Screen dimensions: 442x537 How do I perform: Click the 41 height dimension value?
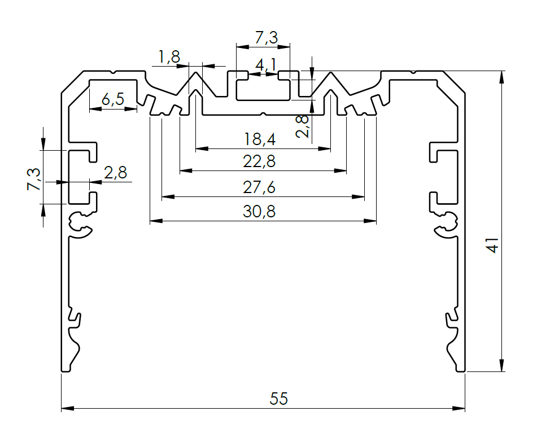click(492, 246)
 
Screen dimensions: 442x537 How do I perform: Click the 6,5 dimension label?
click(112, 100)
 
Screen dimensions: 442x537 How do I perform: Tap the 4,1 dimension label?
click(265, 65)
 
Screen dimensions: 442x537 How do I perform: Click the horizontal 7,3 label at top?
click(266, 38)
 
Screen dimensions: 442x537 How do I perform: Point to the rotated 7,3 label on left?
click(33, 179)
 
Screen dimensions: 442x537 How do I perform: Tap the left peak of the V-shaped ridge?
click(196, 72)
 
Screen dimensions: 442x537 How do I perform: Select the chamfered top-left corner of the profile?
click(72, 82)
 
